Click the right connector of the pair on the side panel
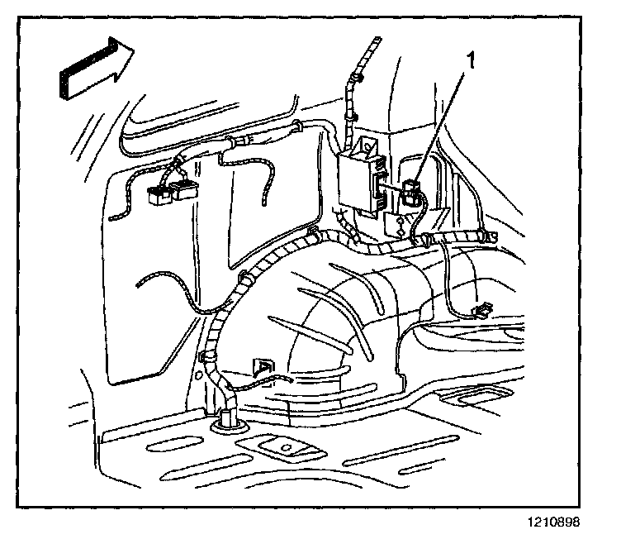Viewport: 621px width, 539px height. point(183,193)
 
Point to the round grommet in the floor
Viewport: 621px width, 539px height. point(226,424)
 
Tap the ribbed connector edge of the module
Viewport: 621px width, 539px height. point(381,187)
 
